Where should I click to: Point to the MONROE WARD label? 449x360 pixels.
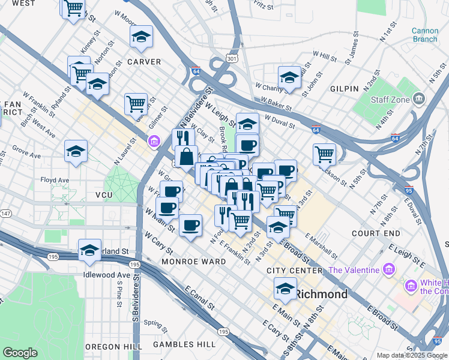point(193,262)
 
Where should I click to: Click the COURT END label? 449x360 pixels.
point(376,233)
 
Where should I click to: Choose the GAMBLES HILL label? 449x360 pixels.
point(184,344)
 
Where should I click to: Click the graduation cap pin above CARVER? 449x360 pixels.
point(141,37)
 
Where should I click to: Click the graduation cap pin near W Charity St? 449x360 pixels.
point(289,77)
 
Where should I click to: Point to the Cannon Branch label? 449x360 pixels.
point(424,35)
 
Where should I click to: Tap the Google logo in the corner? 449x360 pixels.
point(20,353)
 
